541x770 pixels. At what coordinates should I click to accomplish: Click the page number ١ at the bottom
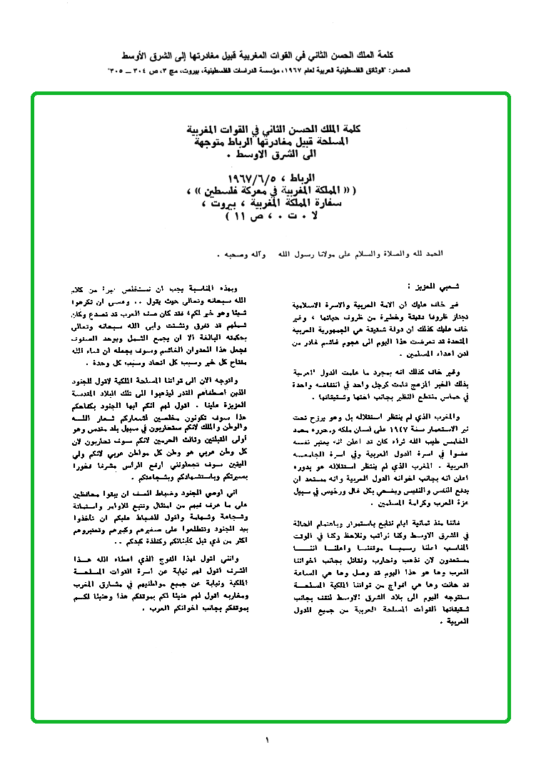coord(267,741)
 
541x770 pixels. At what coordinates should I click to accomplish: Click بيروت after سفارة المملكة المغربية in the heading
coord(218,204)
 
